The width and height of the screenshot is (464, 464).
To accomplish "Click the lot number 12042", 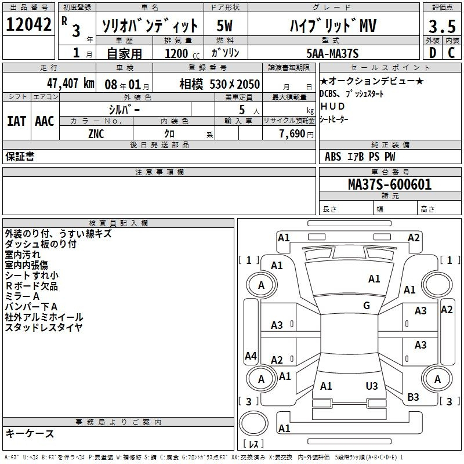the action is [x=28, y=24].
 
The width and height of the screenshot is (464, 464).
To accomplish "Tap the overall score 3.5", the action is [x=442, y=26].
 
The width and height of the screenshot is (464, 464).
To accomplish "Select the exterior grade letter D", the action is [x=433, y=53].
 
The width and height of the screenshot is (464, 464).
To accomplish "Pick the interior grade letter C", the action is [x=451, y=53].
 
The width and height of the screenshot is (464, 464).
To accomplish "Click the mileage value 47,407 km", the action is [x=71, y=84].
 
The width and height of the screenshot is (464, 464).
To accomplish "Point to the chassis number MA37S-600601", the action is [x=390, y=184].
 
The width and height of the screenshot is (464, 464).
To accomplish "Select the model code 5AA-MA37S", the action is [x=332, y=53].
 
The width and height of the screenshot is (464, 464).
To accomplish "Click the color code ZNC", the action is [x=96, y=134].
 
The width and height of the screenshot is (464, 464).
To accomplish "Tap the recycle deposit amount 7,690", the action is [x=292, y=134].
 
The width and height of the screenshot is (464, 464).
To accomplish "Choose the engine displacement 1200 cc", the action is [x=182, y=53].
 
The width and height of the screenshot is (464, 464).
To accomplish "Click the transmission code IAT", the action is [x=16, y=121].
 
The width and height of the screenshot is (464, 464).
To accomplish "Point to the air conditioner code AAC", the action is [x=45, y=121].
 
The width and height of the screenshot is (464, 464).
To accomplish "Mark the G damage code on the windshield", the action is [x=367, y=306].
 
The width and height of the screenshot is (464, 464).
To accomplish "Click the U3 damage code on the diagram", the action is [x=372, y=386].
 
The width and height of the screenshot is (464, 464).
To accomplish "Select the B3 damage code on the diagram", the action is [x=413, y=397].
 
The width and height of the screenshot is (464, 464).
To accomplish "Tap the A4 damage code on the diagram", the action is [x=251, y=356].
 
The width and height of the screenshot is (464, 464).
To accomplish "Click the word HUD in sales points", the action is [x=332, y=106].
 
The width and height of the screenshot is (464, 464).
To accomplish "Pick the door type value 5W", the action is [x=224, y=26].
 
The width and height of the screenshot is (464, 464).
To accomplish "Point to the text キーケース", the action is [x=30, y=433].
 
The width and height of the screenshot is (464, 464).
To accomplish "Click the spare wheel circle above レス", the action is [x=253, y=423].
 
